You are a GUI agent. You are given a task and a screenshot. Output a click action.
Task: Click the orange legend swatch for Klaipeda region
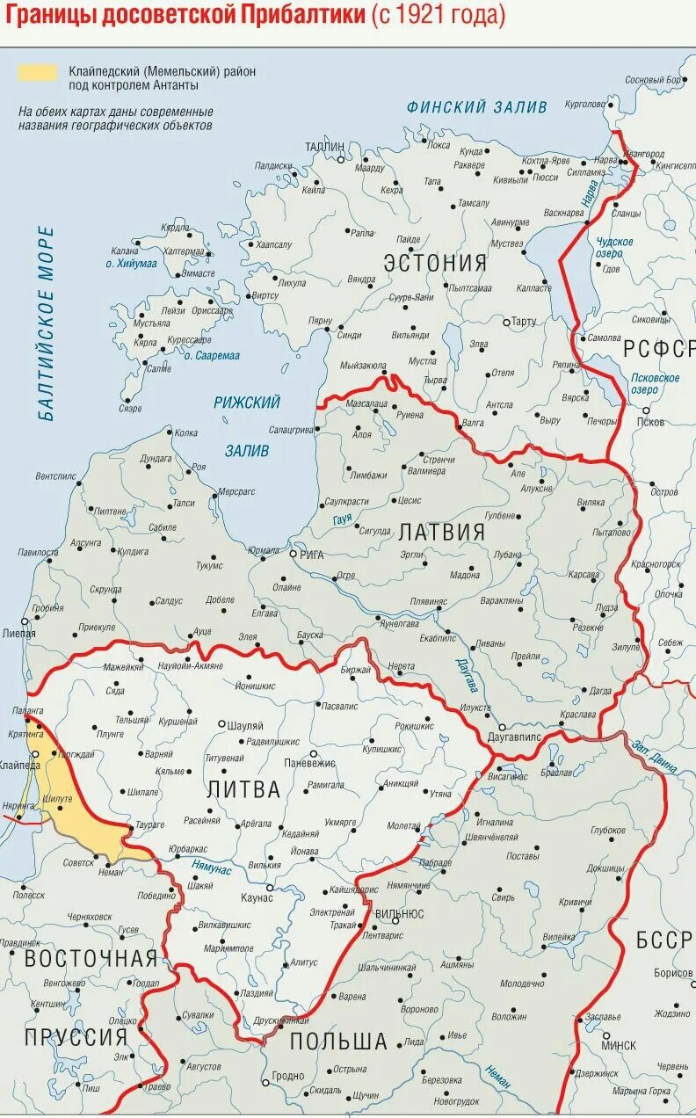point(37,72)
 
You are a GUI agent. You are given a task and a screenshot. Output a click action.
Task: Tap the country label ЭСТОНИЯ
point(435,263)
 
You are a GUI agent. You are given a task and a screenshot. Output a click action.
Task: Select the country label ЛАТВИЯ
point(441,533)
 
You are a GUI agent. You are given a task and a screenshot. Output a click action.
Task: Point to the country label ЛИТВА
point(243,790)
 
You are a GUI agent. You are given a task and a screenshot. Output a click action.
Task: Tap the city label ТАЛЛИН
point(324,146)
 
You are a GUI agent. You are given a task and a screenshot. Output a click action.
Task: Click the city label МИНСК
point(619,1046)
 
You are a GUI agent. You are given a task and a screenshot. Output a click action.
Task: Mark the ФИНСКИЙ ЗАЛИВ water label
point(476,107)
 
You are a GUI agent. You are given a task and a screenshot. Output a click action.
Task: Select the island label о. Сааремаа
point(210,355)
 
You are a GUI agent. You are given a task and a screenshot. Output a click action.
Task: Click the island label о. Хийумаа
point(132,264)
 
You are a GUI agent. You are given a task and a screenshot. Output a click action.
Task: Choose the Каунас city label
point(257,897)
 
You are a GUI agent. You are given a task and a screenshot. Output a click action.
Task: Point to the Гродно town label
point(287,1076)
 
